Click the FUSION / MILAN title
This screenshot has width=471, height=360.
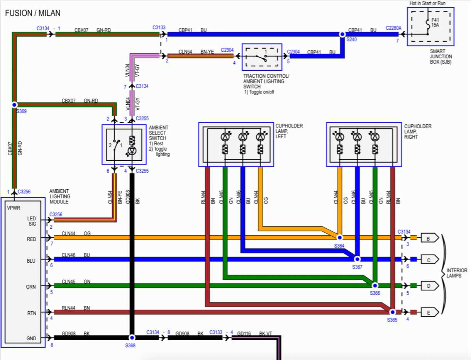point(33,13)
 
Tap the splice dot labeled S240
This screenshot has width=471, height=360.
point(342,34)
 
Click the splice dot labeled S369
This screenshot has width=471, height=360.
point(15,105)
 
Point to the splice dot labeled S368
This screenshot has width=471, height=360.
point(132,337)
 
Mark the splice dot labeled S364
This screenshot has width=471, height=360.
point(340,237)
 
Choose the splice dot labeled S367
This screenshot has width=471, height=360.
point(357,259)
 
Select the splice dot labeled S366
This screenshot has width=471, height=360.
point(374,285)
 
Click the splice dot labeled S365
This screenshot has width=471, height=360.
point(392,312)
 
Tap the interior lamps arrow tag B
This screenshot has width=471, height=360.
point(429,238)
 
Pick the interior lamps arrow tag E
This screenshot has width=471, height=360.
point(429,312)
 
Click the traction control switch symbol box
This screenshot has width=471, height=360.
point(262,58)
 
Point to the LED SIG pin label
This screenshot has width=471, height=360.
point(32,221)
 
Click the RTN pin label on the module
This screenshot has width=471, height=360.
point(32,313)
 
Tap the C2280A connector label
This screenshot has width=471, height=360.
point(393,28)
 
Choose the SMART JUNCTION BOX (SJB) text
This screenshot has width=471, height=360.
point(441,56)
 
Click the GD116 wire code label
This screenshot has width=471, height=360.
point(244,333)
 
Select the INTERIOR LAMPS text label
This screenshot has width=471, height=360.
point(457,273)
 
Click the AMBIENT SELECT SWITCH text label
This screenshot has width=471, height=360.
point(158,133)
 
